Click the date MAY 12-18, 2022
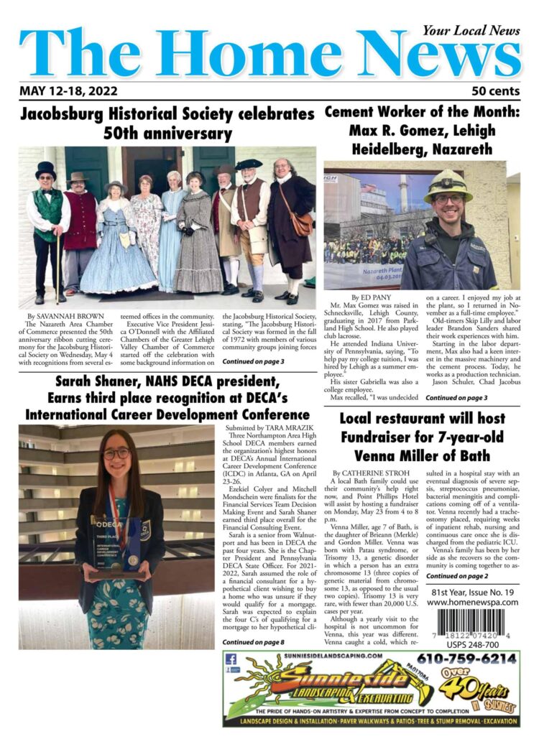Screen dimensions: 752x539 (69, 91)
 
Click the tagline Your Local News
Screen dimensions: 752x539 (471, 31)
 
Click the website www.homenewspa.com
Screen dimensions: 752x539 (472, 602)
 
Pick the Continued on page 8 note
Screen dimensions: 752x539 (253, 641)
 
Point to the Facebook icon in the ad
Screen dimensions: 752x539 (231, 659)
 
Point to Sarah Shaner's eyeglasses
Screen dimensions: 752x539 (116, 454)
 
